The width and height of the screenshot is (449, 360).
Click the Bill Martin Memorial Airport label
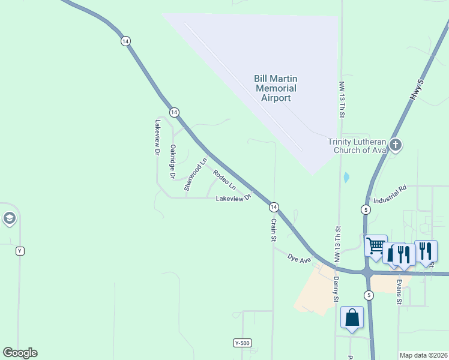(276, 88)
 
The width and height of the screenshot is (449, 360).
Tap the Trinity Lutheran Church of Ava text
(357, 146)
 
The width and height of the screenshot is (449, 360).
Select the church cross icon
(395, 145)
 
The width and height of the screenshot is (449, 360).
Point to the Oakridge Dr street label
(172, 161)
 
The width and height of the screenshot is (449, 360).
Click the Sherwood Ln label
(196, 175)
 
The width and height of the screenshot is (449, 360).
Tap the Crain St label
(273, 230)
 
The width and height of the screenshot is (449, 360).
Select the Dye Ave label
(299, 259)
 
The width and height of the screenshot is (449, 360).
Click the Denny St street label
(337, 290)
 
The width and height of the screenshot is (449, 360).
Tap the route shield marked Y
(20, 251)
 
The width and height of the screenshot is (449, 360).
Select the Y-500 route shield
(242, 343)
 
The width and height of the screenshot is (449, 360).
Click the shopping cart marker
(376, 245)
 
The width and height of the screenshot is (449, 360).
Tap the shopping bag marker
(352, 317)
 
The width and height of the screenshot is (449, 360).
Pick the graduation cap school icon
(9, 218)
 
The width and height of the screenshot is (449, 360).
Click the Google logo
(20, 353)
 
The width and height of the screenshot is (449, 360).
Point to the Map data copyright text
(424, 355)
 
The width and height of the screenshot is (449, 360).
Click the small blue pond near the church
(346, 178)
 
